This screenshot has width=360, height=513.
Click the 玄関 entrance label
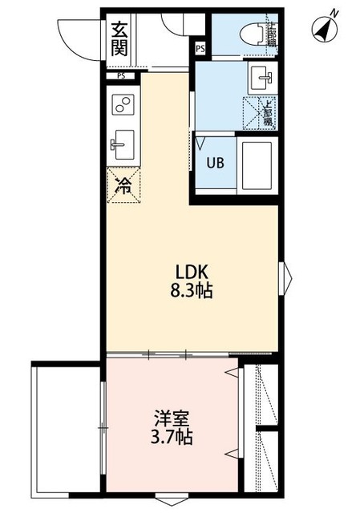click(119, 38)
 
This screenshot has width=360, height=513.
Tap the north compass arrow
click(325, 30)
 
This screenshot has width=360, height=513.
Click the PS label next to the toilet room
click(200, 49)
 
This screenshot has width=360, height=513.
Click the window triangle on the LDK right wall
click(287, 278)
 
